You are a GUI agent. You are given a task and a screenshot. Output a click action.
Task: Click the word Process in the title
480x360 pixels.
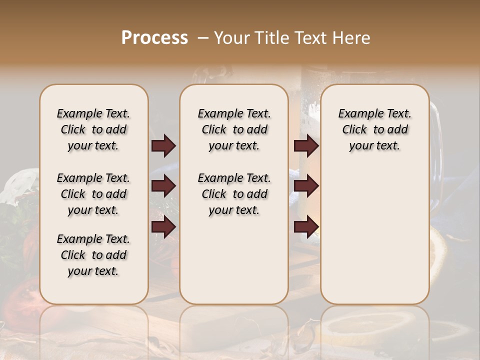(x=154, y=38)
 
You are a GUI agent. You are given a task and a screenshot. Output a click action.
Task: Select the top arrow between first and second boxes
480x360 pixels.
(x=163, y=145)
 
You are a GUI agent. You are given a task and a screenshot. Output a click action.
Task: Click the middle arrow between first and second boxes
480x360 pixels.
(x=163, y=186)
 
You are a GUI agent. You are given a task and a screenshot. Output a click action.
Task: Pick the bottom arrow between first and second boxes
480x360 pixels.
(x=163, y=227)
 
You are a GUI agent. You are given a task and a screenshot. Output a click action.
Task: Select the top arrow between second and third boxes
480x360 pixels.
(x=306, y=145)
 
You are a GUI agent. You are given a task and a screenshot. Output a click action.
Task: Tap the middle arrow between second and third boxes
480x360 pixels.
(x=306, y=186)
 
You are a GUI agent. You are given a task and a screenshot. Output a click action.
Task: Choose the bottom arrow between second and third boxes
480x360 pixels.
(x=306, y=227)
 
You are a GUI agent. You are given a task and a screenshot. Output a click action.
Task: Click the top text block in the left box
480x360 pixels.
(x=93, y=129)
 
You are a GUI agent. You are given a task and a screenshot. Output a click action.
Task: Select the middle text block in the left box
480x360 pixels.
(x=93, y=194)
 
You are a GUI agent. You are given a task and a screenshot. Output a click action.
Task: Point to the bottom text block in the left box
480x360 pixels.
(x=93, y=255)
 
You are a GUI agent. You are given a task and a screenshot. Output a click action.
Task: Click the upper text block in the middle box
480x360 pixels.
(x=234, y=129)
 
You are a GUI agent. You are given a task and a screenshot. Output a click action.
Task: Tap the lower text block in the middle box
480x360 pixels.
(x=234, y=194)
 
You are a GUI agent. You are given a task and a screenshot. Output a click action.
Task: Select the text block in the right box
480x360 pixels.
(x=374, y=129)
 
